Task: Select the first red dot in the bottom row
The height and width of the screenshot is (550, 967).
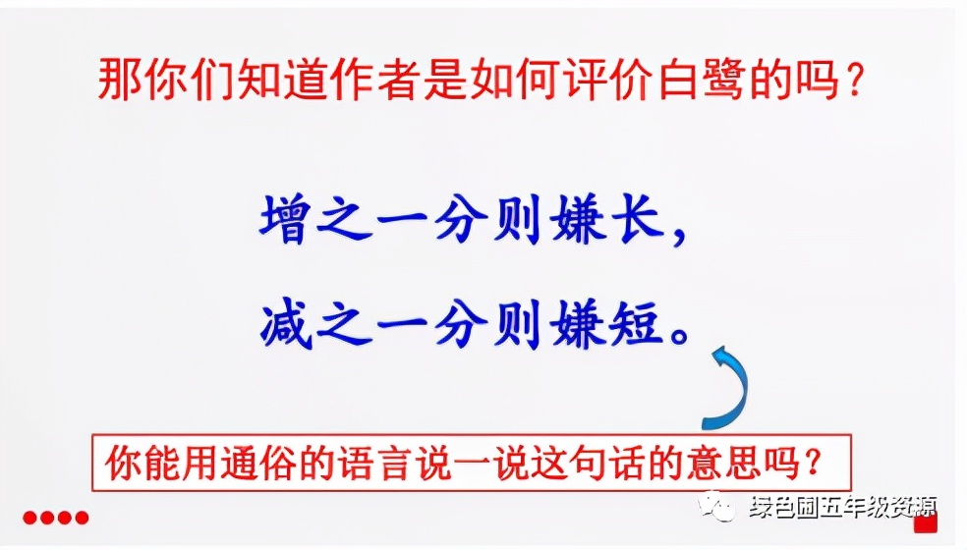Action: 30,518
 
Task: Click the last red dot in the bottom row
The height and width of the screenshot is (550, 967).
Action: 83,518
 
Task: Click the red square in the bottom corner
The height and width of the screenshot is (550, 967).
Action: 925,523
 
